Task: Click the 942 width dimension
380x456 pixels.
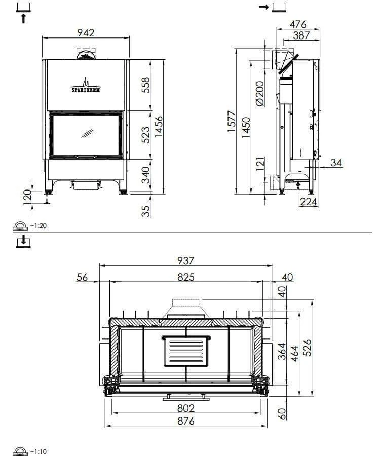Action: (86, 33)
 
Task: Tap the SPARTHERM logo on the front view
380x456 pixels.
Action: (86, 86)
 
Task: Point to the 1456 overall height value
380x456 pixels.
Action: (159, 127)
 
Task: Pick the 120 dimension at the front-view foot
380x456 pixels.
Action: (27, 197)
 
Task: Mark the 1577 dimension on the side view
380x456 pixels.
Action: (232, 121)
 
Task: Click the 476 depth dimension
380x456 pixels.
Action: (298, 24)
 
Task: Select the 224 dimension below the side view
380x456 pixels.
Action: (309, 202)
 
